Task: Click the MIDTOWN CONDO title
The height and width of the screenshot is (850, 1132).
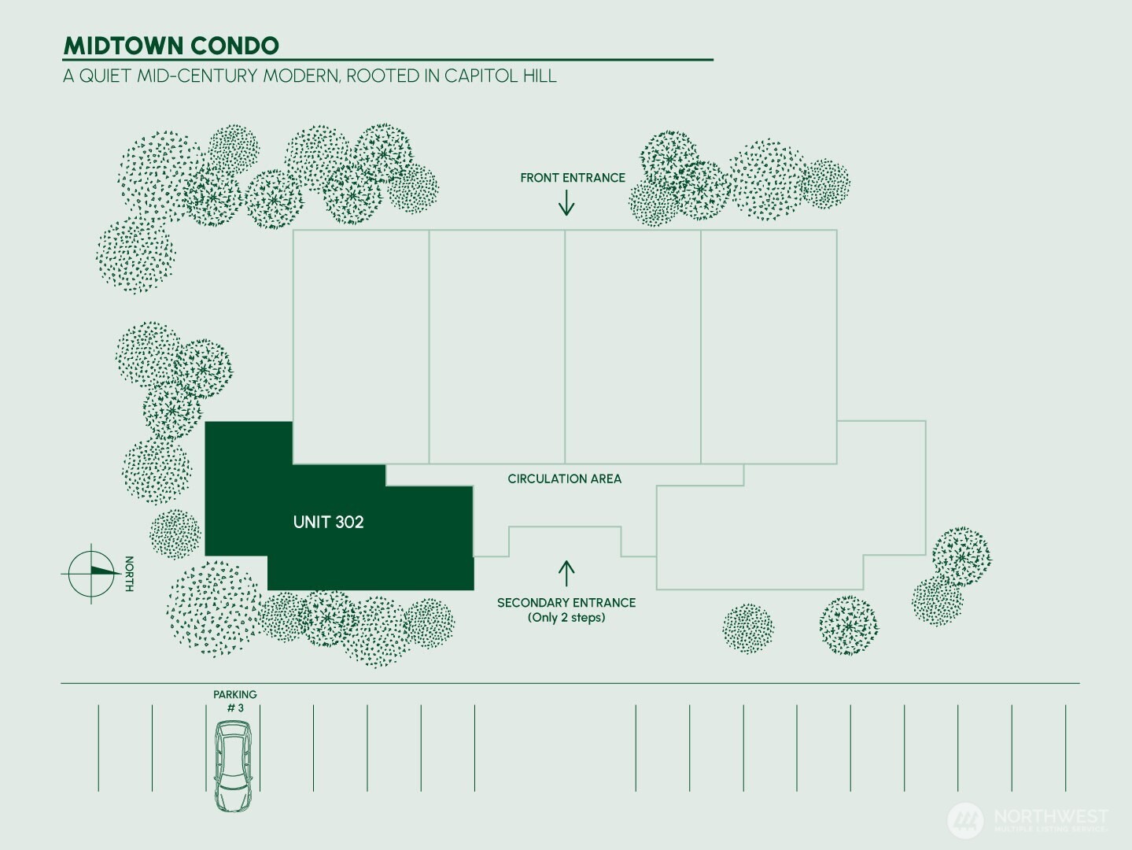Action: tap(171, 46)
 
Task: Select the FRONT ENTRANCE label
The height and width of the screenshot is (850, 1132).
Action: tap(573, 178)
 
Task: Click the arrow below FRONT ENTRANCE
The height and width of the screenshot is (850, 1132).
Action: tap(566, 203)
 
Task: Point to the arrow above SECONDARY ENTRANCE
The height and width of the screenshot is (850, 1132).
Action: tap(566, 574)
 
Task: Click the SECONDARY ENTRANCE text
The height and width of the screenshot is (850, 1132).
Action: tap(566, 602)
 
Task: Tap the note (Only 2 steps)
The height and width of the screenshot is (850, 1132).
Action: tap(566, 617)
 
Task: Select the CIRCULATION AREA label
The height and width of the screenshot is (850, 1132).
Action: tap(565, 479)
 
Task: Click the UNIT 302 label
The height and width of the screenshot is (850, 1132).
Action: tap(329, 522)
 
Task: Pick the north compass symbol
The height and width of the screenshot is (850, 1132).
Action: tap(91, 573)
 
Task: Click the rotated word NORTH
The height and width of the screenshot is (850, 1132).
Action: tap(129, 574)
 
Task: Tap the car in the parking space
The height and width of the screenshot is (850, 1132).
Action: tap(233, 766)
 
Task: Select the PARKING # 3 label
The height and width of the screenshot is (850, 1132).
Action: tap(235, 701)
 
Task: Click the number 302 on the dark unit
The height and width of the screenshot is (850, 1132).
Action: tap(348, 522)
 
